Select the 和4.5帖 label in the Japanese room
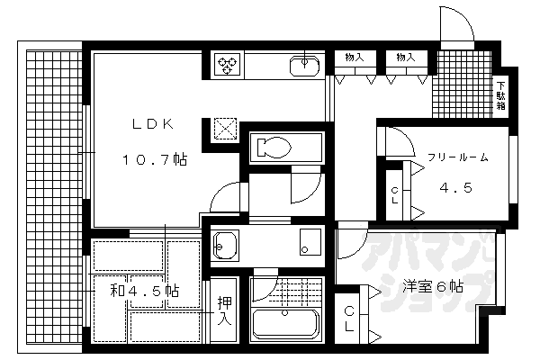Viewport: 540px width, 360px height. coord(145,291)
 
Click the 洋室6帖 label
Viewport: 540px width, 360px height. coord(434,288)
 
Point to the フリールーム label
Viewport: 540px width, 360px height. coord(458,157)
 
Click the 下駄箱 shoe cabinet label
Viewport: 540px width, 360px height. coord(500,96)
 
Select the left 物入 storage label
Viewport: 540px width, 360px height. coord(355,57)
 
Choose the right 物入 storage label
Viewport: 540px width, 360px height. coord(406,57)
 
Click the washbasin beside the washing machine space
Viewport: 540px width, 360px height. coord(223,243)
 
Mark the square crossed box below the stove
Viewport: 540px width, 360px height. coord(226,130)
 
